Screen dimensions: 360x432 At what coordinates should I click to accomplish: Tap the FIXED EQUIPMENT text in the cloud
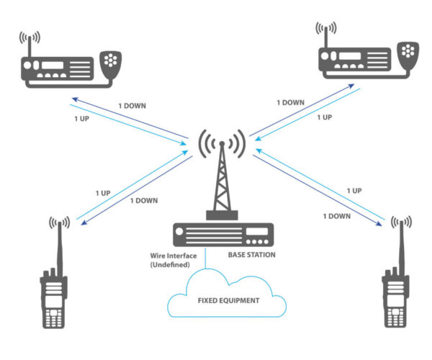click(x=228, y=300)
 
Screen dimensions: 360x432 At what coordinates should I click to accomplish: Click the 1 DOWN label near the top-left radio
click(x=132, y=106)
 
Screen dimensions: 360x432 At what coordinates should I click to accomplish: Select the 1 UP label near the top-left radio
click(x=82, y=117)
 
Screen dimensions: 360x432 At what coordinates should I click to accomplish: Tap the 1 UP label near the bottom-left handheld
click(x=104, y=193)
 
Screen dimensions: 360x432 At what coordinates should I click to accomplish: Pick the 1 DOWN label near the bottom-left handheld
click(x=144, y=201)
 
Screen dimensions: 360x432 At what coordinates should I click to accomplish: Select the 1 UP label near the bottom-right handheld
click(x=354, y=190)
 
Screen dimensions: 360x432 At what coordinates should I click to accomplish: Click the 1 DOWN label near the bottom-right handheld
click(x=336, y=215)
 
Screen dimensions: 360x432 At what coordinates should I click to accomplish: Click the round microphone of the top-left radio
click(x=111, y=60)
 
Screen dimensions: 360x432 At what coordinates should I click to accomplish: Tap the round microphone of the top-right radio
click(x=408, y=52)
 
